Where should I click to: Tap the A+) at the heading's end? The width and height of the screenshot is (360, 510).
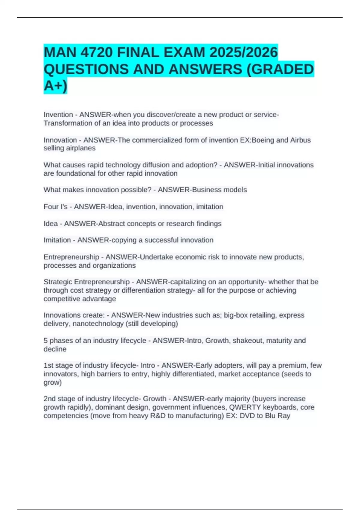pyautogui.click(x=55, y=86)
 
